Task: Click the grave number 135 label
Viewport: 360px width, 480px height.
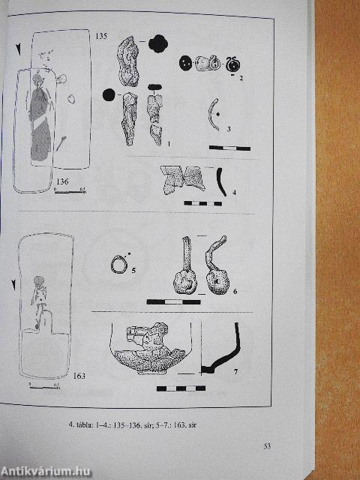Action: click(103, 35)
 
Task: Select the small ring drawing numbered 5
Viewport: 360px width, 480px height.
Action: click(118, 264)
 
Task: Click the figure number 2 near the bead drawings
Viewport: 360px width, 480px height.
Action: click(241, 78)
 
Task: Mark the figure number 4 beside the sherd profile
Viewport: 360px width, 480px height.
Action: click(234, 193)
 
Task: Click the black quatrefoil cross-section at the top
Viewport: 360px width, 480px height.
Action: click(157, 43)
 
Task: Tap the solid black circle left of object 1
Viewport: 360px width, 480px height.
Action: click(108, 94)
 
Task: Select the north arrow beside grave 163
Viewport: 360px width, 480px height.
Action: click(16, 284)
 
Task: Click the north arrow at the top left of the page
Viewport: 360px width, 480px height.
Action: click(16, 49)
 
